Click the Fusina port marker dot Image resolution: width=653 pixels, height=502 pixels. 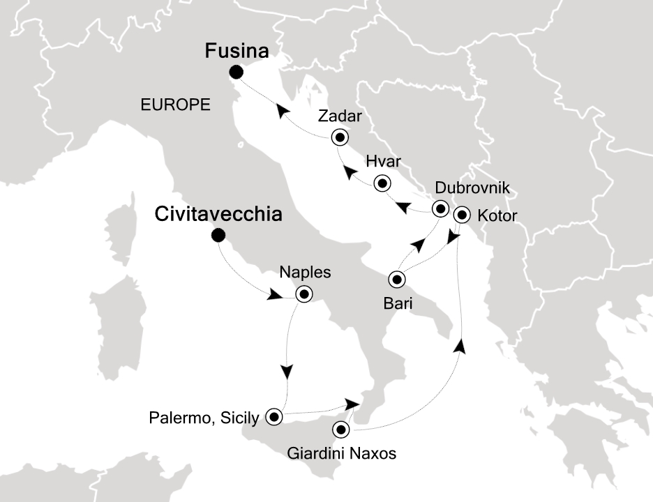(x=237, y=72)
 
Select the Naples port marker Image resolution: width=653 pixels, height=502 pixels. (x=303, y=294)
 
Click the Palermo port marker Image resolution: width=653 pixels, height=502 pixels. (x=273, y=417)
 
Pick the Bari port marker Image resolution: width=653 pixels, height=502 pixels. (x=397, y=280)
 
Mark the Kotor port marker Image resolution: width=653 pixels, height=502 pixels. (x=460, y=215)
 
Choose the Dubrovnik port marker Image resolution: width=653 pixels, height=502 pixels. (x=440, y=208)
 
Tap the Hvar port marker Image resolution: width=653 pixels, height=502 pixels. (x=382, y=184)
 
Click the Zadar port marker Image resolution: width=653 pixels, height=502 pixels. (x=340, y=137)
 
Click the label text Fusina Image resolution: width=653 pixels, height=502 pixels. (x=237, y=52)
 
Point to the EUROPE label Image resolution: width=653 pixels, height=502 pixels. (x=176, y=105)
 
